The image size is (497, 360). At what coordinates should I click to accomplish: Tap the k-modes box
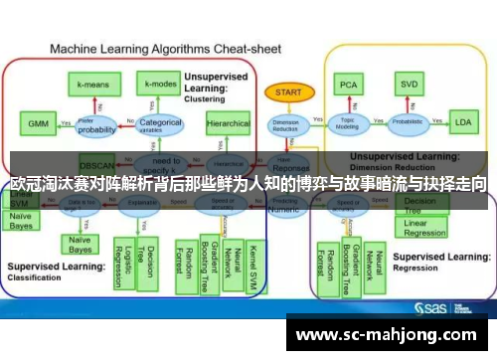(160, 85)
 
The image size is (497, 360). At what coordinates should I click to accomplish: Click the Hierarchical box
(228, 124)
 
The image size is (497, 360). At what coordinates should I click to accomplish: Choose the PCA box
(348, 86)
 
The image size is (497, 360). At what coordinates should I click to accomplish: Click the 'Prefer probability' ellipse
(97, 126)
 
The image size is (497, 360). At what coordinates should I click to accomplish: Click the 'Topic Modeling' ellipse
(348, 125)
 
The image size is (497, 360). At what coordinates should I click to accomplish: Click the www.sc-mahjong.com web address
(388, 334)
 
